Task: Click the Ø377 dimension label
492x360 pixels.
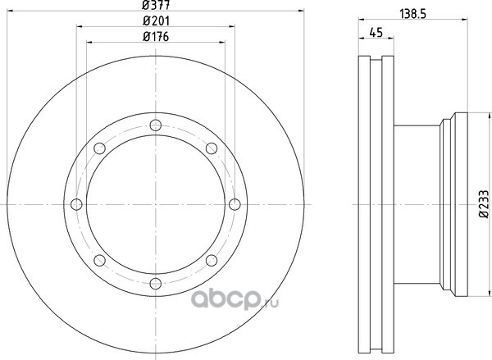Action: pyautogui.click(x=156, y=5)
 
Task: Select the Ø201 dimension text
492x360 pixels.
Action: pyautogui.click(x=156, y=21)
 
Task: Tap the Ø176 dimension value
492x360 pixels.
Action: pyautogui.click(x=156, y=37)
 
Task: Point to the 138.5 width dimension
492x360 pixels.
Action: pyautogui.click(x=413, y=14)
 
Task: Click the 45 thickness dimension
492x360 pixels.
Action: pyautogui.click(x=376, y=32)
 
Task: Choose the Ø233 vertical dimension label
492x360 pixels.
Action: pyautogui.click(x=484, y=203)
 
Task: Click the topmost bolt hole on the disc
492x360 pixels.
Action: pyautogui.click(x=156, y=125)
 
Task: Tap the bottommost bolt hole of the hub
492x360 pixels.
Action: pyautogui.click(x=156, y=284)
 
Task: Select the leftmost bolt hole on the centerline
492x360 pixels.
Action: pyautogui.click(x=76, y=204)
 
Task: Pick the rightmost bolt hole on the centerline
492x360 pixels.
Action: pyautogui.click(x=235, y=204)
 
